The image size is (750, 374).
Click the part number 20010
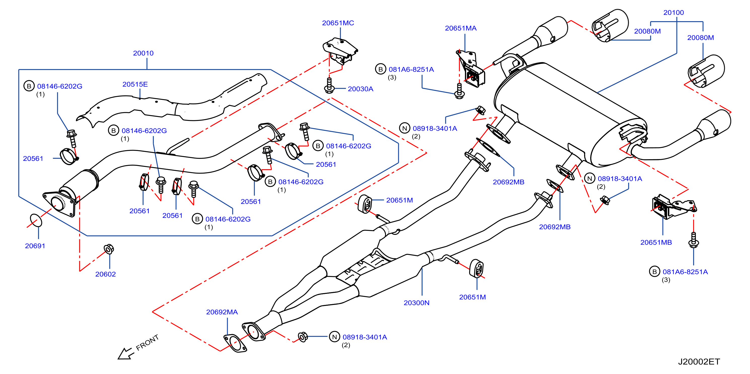[x=143, y=53]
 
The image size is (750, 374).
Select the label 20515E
[x=135, y=84]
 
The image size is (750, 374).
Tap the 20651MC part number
[x=338, y=23]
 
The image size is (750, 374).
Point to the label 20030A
[x=360, y=89]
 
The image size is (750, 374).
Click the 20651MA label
[x=461, y=28]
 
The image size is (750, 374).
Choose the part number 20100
[x=673, y=13]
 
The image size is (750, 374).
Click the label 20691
[x=35, y=246]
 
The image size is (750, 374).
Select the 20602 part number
[x=105, y=274]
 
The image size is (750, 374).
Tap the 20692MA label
[x=222, y=312]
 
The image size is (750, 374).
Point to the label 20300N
[x=416, y=303]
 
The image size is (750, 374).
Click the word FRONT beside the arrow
[x=147, y=342]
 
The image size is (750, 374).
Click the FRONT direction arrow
[x=126, y=354]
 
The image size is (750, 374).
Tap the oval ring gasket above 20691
[x=36, y=220]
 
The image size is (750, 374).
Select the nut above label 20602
[x=109, y=249]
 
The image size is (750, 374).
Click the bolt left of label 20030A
[x=329, y=85]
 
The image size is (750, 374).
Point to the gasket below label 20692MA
[x=235, y=343]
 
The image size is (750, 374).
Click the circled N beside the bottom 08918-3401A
[x=334, y=337]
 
